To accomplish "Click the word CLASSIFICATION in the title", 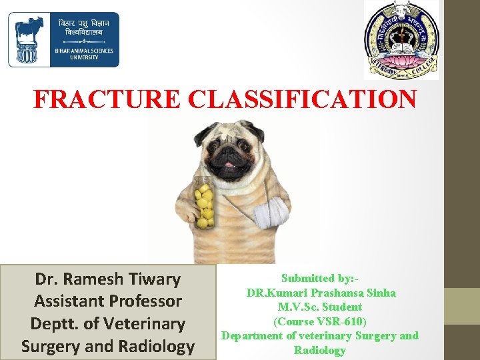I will point(303,99).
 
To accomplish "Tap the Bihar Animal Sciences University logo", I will point(63,40).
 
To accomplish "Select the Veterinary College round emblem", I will point(401,41).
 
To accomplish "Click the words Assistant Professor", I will point(108,301).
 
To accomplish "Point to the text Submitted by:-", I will point(320,278).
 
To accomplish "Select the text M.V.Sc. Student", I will point(320,307).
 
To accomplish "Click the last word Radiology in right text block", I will point(320,351).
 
